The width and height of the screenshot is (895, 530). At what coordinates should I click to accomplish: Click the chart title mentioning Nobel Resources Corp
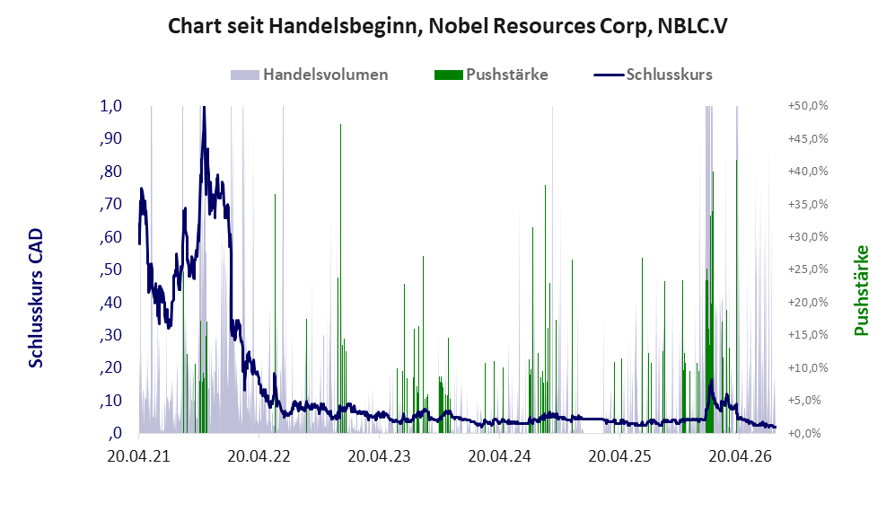click(447, 26)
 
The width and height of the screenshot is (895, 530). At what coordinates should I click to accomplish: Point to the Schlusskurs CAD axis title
click(36, 298)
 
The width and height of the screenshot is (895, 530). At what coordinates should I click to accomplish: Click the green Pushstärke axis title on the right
click(861, 290)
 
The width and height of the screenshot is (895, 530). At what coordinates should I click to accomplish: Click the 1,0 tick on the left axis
click(110, 106)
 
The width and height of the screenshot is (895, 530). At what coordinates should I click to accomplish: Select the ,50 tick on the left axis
click(110, 269)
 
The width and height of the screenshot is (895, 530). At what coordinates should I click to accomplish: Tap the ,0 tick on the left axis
click(114, 433)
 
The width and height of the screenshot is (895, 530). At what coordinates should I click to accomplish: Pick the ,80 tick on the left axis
click(110, 172)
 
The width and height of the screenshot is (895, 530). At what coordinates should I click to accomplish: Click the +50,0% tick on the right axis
click(808, 106)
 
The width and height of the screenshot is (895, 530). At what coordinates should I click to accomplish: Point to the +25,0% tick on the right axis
click(808, 269)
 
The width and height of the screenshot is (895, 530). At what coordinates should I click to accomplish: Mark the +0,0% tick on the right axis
click(804, 433)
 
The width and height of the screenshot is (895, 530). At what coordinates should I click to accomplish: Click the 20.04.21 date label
click(139, 456)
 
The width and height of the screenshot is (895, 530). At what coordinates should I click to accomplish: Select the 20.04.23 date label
click(379, 456)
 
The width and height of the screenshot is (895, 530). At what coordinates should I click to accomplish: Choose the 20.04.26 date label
click(740, 456)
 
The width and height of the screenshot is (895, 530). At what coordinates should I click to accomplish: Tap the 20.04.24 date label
click(499, 456)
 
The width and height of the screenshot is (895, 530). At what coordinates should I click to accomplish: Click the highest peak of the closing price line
click(204, 108)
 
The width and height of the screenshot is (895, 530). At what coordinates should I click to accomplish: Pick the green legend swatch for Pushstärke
click(448, 75)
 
